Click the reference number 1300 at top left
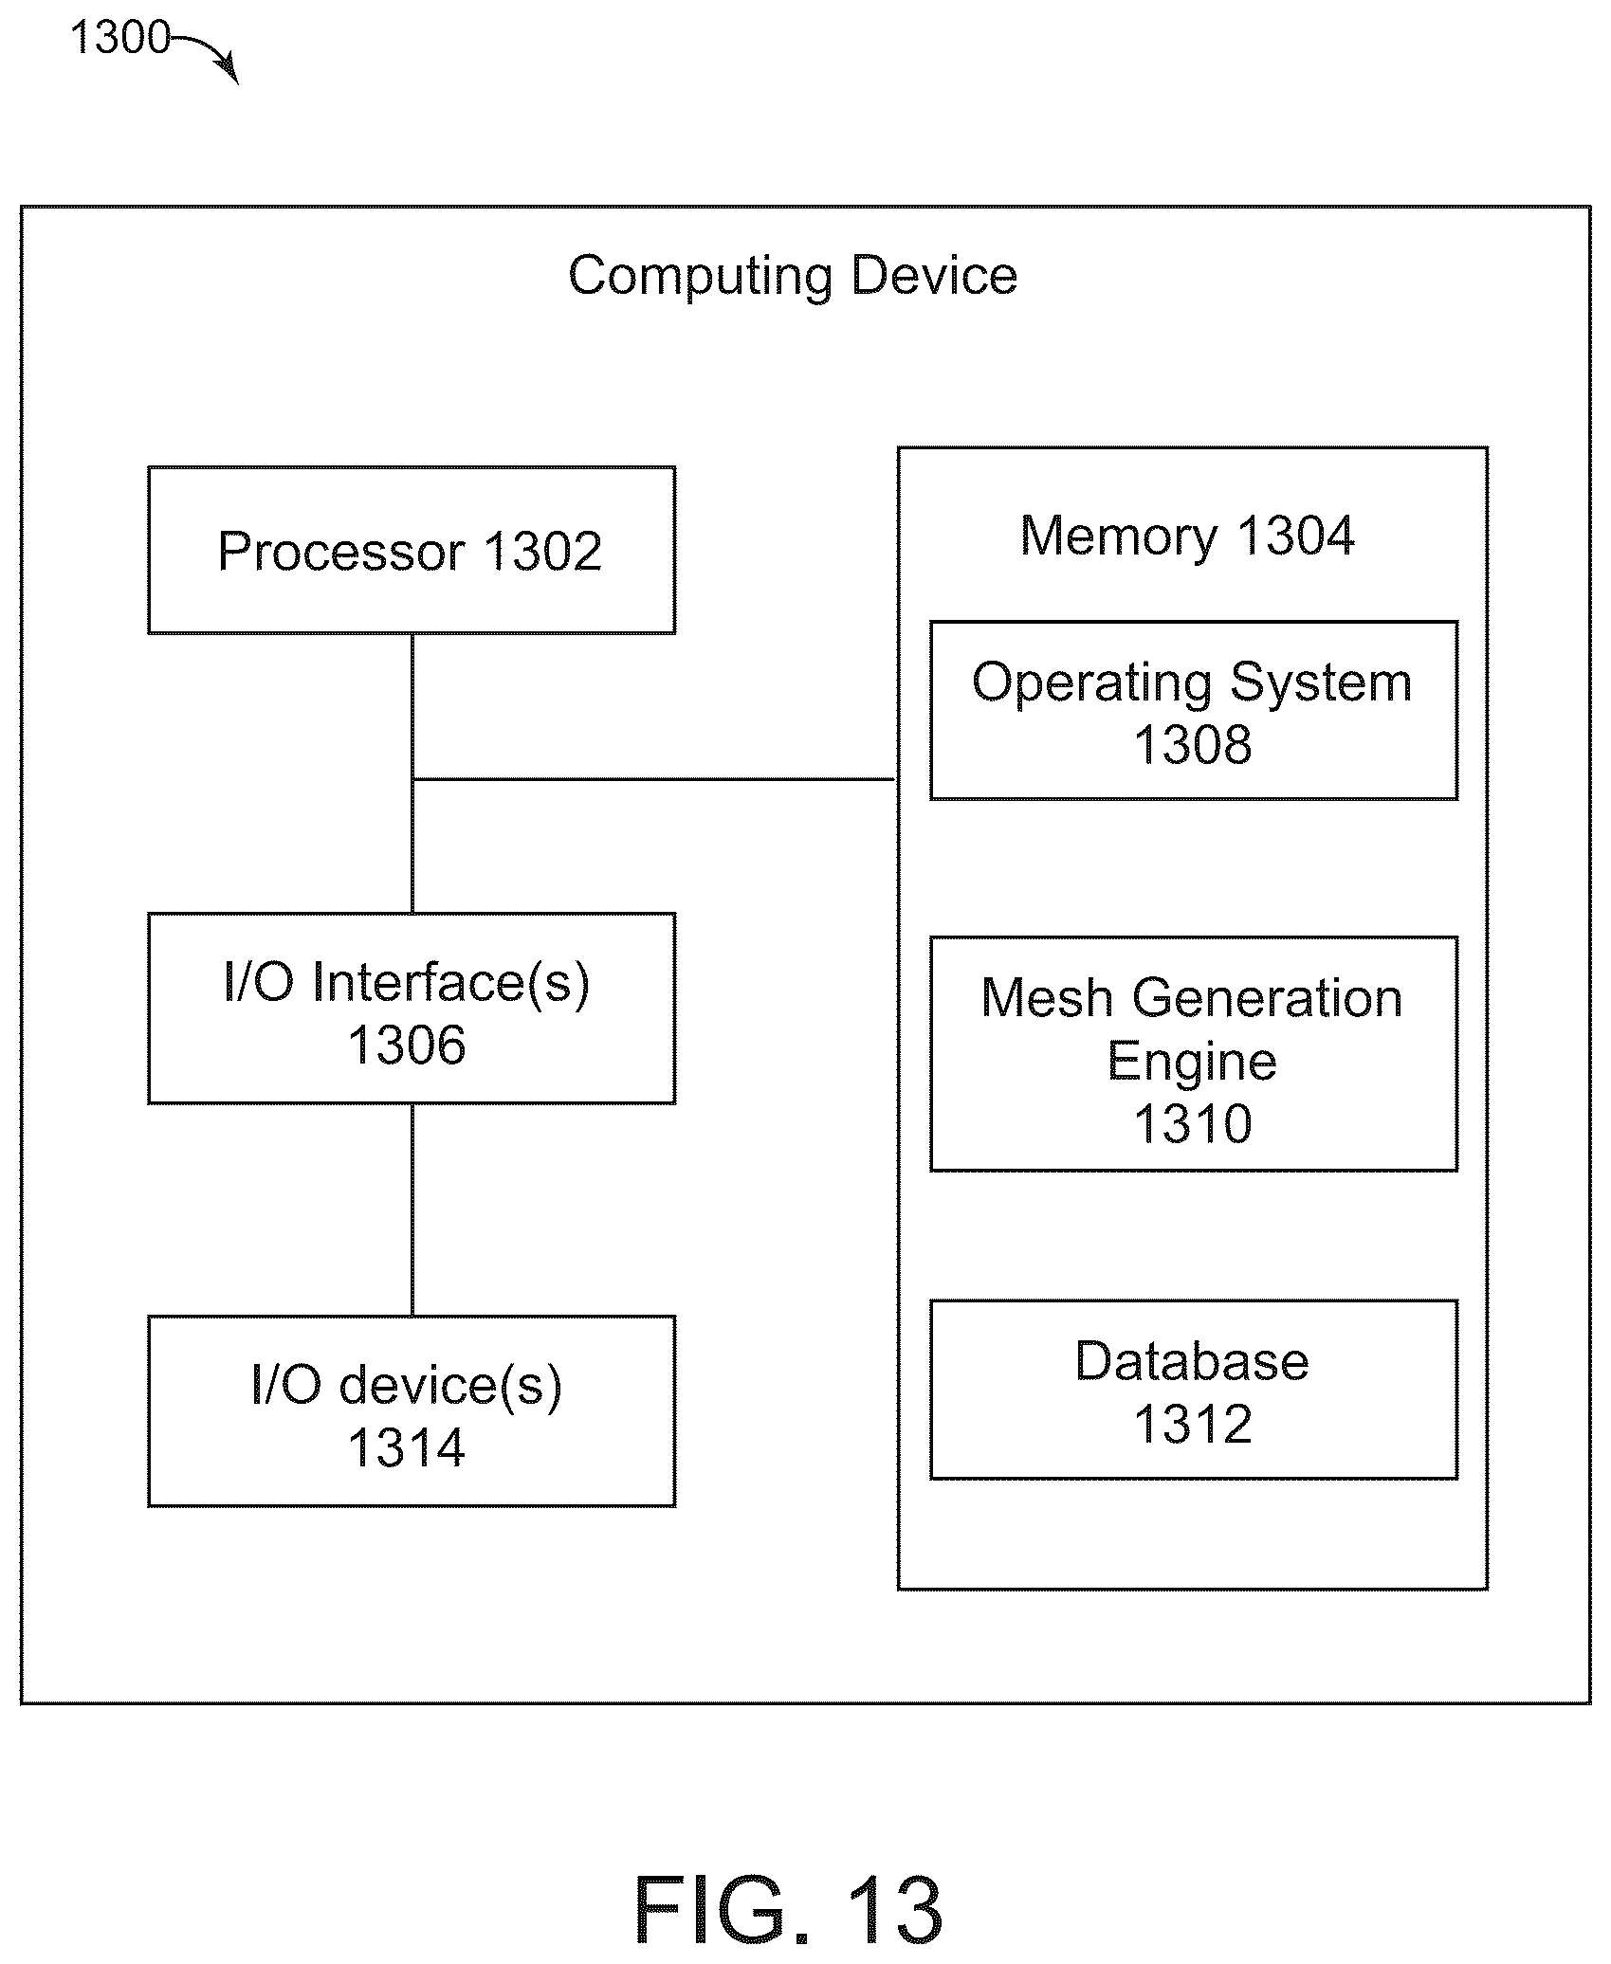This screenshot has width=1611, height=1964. pos(119,38)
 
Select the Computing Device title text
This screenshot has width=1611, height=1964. pos(793,276)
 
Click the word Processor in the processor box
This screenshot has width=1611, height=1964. pos(341,551)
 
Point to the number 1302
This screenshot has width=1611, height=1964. pos(542,551)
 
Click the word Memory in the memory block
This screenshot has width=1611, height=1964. pos(1118,536)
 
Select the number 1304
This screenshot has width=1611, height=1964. pos(1295,536)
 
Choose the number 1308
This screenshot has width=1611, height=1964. pos(1193,745)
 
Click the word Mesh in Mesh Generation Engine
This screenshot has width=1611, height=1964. pos(1046,998)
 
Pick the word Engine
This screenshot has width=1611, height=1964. pos(1192,1063)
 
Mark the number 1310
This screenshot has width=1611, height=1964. pos(1193,1124)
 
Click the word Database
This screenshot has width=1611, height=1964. pos(1192,1361)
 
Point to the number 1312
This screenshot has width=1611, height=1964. pos(1193,1425)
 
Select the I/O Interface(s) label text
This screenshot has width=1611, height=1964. pos(407,983)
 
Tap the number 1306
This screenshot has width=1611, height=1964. pos(407,1046)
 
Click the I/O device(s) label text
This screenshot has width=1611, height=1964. pos(407,1386)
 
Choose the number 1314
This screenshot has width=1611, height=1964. pos(407,1448)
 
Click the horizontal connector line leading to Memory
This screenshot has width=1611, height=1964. pos(654,779)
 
